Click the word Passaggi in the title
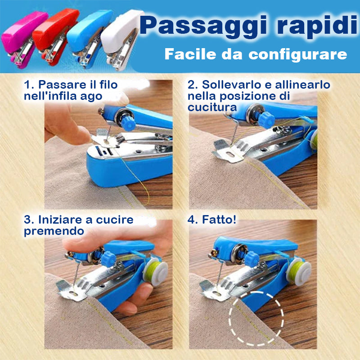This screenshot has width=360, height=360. click(x=203, y=27)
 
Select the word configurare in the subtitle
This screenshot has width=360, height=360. click(x=297, y=54)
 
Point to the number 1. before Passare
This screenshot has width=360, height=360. click(x=29, y=85)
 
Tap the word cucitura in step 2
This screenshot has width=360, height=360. click(x=212, y=107)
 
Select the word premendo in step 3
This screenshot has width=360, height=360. click(x=54, y=231)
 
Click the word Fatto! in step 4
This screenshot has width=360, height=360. click(x=219, y=220)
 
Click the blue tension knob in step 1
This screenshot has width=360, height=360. click(x=128, y=123)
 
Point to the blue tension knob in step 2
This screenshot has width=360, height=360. click(x=266, y=120)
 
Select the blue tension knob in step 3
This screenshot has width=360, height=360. click(x=108, y=259)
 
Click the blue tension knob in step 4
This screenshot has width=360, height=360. click(x=252, y=259)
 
